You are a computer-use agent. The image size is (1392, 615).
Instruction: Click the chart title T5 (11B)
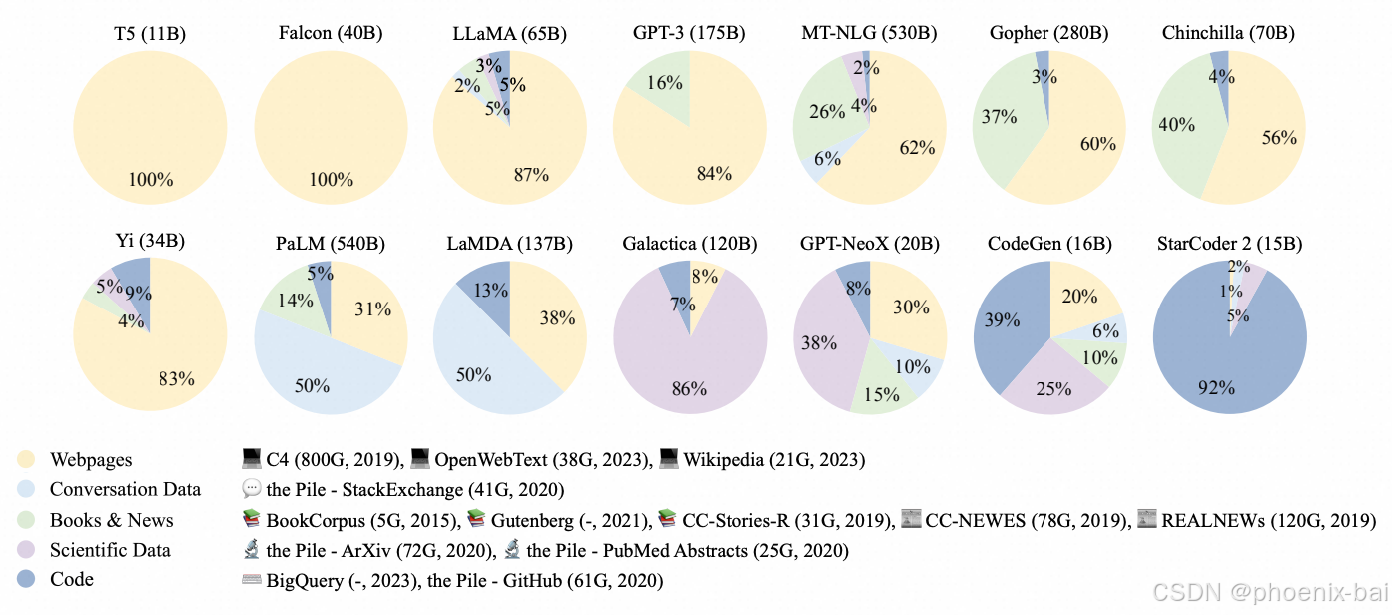pyautogui.click(x=150, y=34)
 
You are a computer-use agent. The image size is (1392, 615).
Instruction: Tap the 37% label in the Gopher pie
pyautogui.click(x=999, y=117)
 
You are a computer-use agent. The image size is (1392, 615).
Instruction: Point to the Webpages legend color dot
pyautogui.click(x=26, y=460)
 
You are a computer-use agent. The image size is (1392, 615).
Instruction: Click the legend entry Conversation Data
pyautogui.click(x=125, y=490)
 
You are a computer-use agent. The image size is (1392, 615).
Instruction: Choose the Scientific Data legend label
pyautogui.click(x=110, y=550)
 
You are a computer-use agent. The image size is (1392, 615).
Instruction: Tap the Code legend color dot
pyautogui.click(x=26, y=580)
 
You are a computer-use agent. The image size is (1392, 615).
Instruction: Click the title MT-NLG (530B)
pyautogui.click(x=869, y=34)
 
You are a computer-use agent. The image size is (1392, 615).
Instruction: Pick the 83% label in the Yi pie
pyautogui.click(x=177, y=379)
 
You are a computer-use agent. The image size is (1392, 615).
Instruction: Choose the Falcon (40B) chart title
pyautogui.click(x=331, y=34)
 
